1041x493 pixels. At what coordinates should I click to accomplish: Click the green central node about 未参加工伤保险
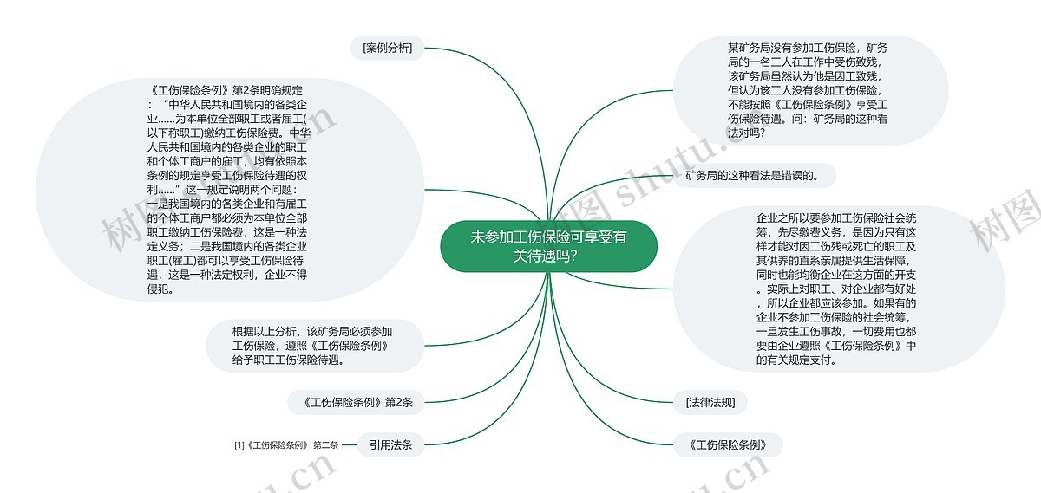coord(548,246)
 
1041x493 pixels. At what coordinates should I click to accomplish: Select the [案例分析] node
coord(387,48)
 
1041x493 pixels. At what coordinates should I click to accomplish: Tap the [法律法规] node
coord(710,403)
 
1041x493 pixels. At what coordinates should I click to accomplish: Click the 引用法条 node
coord(390,444)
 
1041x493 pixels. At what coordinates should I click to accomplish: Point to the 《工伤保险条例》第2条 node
coord(356,403)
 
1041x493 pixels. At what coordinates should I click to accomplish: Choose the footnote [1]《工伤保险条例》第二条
coord(286,445)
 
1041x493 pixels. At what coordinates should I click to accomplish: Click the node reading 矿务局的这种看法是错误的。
coord(755,176)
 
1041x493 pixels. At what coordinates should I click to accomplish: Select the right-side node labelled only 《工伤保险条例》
coord(728,444)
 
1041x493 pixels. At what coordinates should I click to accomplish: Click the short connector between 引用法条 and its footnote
coord(349,444)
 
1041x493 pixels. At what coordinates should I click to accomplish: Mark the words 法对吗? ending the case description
coord(746,133)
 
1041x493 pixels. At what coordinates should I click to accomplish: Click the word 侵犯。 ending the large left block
coord(160,289)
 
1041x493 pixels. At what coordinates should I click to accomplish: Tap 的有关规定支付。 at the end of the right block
coord(796,360)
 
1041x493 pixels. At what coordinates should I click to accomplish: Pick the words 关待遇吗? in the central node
coord(545,256)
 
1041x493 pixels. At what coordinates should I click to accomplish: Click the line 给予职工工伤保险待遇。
coord(289,360)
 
